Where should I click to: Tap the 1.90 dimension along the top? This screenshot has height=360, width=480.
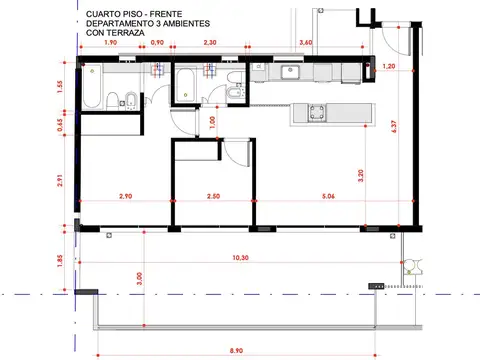[x=110, y=44]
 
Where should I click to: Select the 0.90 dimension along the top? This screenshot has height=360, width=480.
[x=157, y=44]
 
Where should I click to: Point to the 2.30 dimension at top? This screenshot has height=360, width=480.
[x=210, y=44]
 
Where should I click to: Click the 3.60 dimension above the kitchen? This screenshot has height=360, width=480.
[x=307, y=44]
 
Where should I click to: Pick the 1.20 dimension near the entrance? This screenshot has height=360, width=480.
[x=389, y=66]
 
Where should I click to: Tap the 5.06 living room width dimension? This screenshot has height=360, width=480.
[x=329, y=197]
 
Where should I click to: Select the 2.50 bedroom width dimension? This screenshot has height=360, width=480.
[x=213, y=197]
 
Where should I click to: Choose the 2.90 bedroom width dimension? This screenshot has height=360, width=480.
[x=125, y=197]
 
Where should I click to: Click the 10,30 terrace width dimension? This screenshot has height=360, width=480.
[x=240, y=258]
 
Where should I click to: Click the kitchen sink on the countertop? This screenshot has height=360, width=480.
[x=294, y=71]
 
